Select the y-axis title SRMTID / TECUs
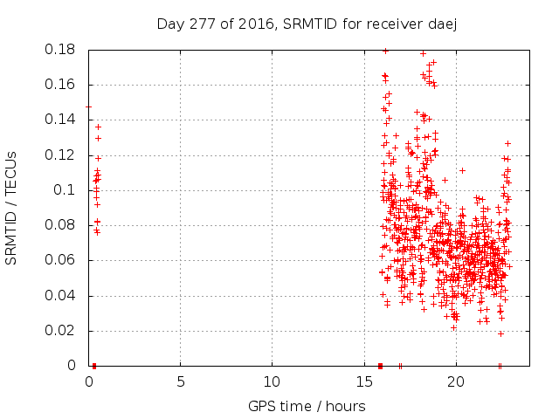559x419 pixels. pyautogui.click(x=11, y=207)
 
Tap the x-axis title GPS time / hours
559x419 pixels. pyautogui.click(x=307, y=406)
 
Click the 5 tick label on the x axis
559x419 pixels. pyautogui.click(x=181, y=382)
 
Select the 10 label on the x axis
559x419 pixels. pyautogui.click(x=272, y=382)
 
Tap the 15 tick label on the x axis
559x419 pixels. pyautogui.click(x=363, y=382)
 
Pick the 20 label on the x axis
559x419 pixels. pyautogui.click(x=455, y=382)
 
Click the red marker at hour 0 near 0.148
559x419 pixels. pyautogui.click(x=88, y=106)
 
